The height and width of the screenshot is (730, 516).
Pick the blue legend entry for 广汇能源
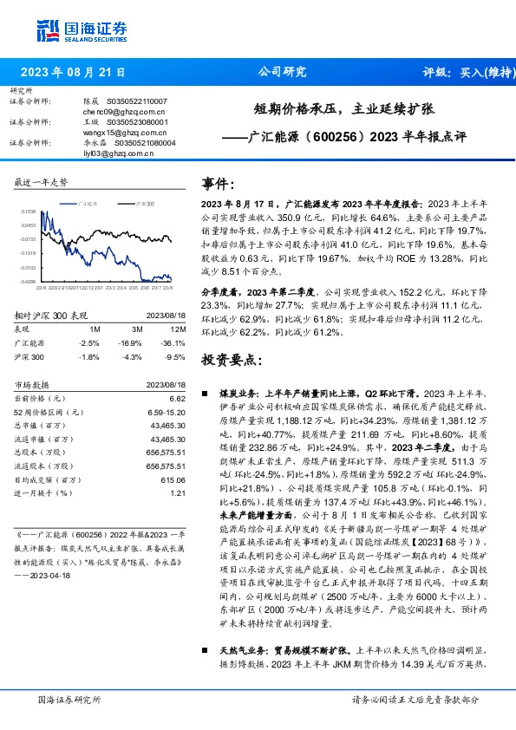pos(87,201)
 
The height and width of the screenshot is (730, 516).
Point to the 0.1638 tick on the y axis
pos(29,211)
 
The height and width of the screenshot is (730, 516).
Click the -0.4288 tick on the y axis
pos(29,281)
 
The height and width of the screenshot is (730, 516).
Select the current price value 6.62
pos(178,397)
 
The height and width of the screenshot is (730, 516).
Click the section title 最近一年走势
pos(42,182)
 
